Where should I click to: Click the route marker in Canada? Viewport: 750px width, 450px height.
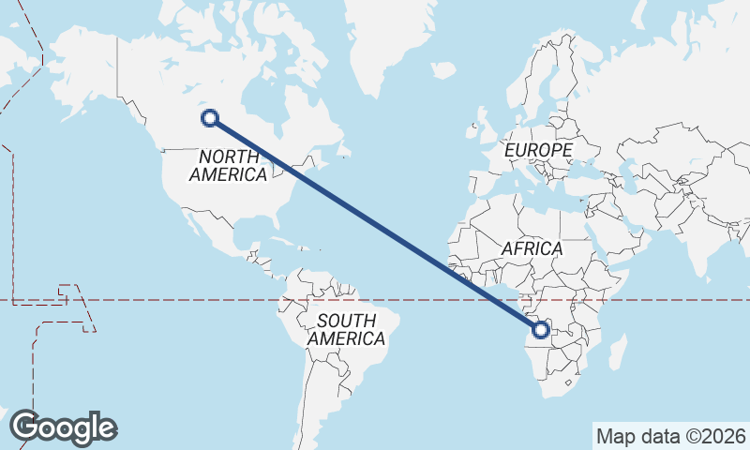coord(210,117)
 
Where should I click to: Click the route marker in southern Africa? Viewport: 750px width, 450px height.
coord(541,329)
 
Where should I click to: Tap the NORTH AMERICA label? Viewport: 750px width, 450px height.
coord(229,165)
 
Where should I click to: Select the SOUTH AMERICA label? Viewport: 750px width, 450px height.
coord(346,329)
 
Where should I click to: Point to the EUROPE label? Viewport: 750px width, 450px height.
coord(537,150)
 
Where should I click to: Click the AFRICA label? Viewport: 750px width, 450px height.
coord(532,248)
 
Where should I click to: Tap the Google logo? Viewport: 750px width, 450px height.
coord(63,427)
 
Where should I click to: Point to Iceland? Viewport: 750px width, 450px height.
coord(443,71)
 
